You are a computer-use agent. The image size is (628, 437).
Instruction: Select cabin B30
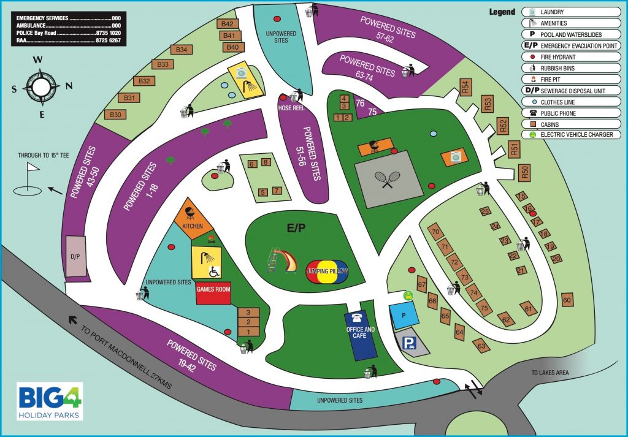(115, 114)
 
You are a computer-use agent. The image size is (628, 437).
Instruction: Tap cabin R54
(465, 88)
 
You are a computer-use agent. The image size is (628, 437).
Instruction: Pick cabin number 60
(567, 300)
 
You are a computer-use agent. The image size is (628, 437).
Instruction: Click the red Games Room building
(213, 293)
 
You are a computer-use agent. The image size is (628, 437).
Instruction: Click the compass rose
(41, 85)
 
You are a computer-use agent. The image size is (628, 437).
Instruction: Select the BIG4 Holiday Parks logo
(50, 401)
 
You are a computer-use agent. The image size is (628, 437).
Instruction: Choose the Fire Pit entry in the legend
(570, 79)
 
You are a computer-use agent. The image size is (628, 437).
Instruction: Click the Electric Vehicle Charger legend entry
(570, 135)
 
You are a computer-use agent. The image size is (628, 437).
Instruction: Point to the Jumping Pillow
(328, 271)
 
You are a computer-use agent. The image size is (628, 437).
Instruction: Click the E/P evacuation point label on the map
(296, 228)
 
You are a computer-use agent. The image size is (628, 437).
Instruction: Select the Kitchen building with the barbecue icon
(192, 218)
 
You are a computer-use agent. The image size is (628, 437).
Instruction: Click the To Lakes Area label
(551, 373)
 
